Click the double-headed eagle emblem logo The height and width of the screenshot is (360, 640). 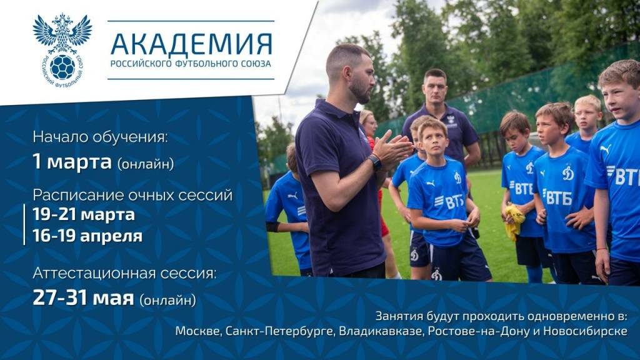pos(62,50)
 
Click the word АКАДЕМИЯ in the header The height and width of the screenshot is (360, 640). pos(191,44)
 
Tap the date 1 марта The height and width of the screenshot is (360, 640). pos(72,162)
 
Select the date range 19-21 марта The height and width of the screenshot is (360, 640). pos(84,214)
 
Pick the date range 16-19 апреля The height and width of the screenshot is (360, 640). pos(87,236)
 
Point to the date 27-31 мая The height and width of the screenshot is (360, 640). pos(83,297)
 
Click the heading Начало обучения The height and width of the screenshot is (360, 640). pos(100,137)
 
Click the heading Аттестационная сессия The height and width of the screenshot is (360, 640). pos(124,272)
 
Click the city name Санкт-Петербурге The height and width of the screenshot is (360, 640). pos(279,331)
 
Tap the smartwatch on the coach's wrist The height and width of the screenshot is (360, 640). pos(375,162)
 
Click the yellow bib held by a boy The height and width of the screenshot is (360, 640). pos(514,222)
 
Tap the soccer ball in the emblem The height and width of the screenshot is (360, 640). pos(62,67)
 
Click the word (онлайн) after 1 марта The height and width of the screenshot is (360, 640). pos(146,164)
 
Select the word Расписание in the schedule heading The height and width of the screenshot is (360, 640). pos(78,195)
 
